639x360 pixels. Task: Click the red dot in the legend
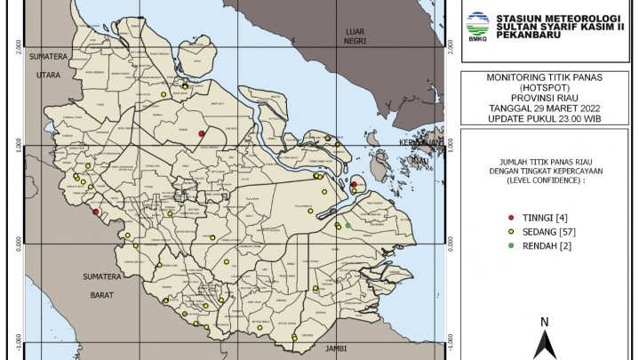501,218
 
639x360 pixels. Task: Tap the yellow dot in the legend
501,231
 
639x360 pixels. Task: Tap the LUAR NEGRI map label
355,36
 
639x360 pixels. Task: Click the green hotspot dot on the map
348,226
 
